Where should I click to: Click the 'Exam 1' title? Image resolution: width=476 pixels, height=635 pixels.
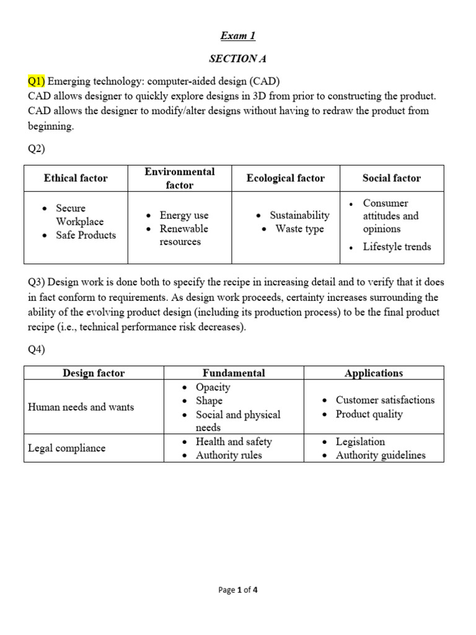[x=238, y=36]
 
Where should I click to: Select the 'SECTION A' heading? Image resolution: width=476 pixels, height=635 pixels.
[x=238, y=59]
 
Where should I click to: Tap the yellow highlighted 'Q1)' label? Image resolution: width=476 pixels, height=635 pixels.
[x=36, y=82]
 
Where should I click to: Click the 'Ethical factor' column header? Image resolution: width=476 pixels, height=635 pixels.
[x=76, y=178]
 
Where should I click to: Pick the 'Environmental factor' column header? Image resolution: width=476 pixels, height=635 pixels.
[x=179, y=178]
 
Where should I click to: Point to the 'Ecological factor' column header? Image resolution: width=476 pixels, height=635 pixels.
[x=285, y=178]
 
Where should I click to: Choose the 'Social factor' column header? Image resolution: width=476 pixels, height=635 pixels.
[x=391, y=178]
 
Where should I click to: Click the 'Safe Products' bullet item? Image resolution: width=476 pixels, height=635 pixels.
[x=86, y=235]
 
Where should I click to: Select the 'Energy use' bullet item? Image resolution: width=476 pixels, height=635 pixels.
[x=184, y=215]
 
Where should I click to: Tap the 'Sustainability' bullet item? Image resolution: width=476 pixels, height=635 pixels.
[x=299, y=215]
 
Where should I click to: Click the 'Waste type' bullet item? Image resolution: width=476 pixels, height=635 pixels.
[x=299, y=229]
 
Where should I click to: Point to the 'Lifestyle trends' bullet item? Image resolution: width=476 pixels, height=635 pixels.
[x=397, y=246]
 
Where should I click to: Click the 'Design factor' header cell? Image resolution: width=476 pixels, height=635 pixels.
[x=94, y=373]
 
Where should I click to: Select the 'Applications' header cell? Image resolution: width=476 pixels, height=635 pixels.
[x=374, y=373]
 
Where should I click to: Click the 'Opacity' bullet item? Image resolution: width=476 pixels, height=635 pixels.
[x=213, y=387]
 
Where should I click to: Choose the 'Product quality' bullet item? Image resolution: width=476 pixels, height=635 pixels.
[x=369, y=414]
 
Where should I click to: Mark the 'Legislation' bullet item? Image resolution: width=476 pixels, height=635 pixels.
[x=360, y=442]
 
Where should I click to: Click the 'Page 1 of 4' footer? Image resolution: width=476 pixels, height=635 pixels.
[x=238, y=590]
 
